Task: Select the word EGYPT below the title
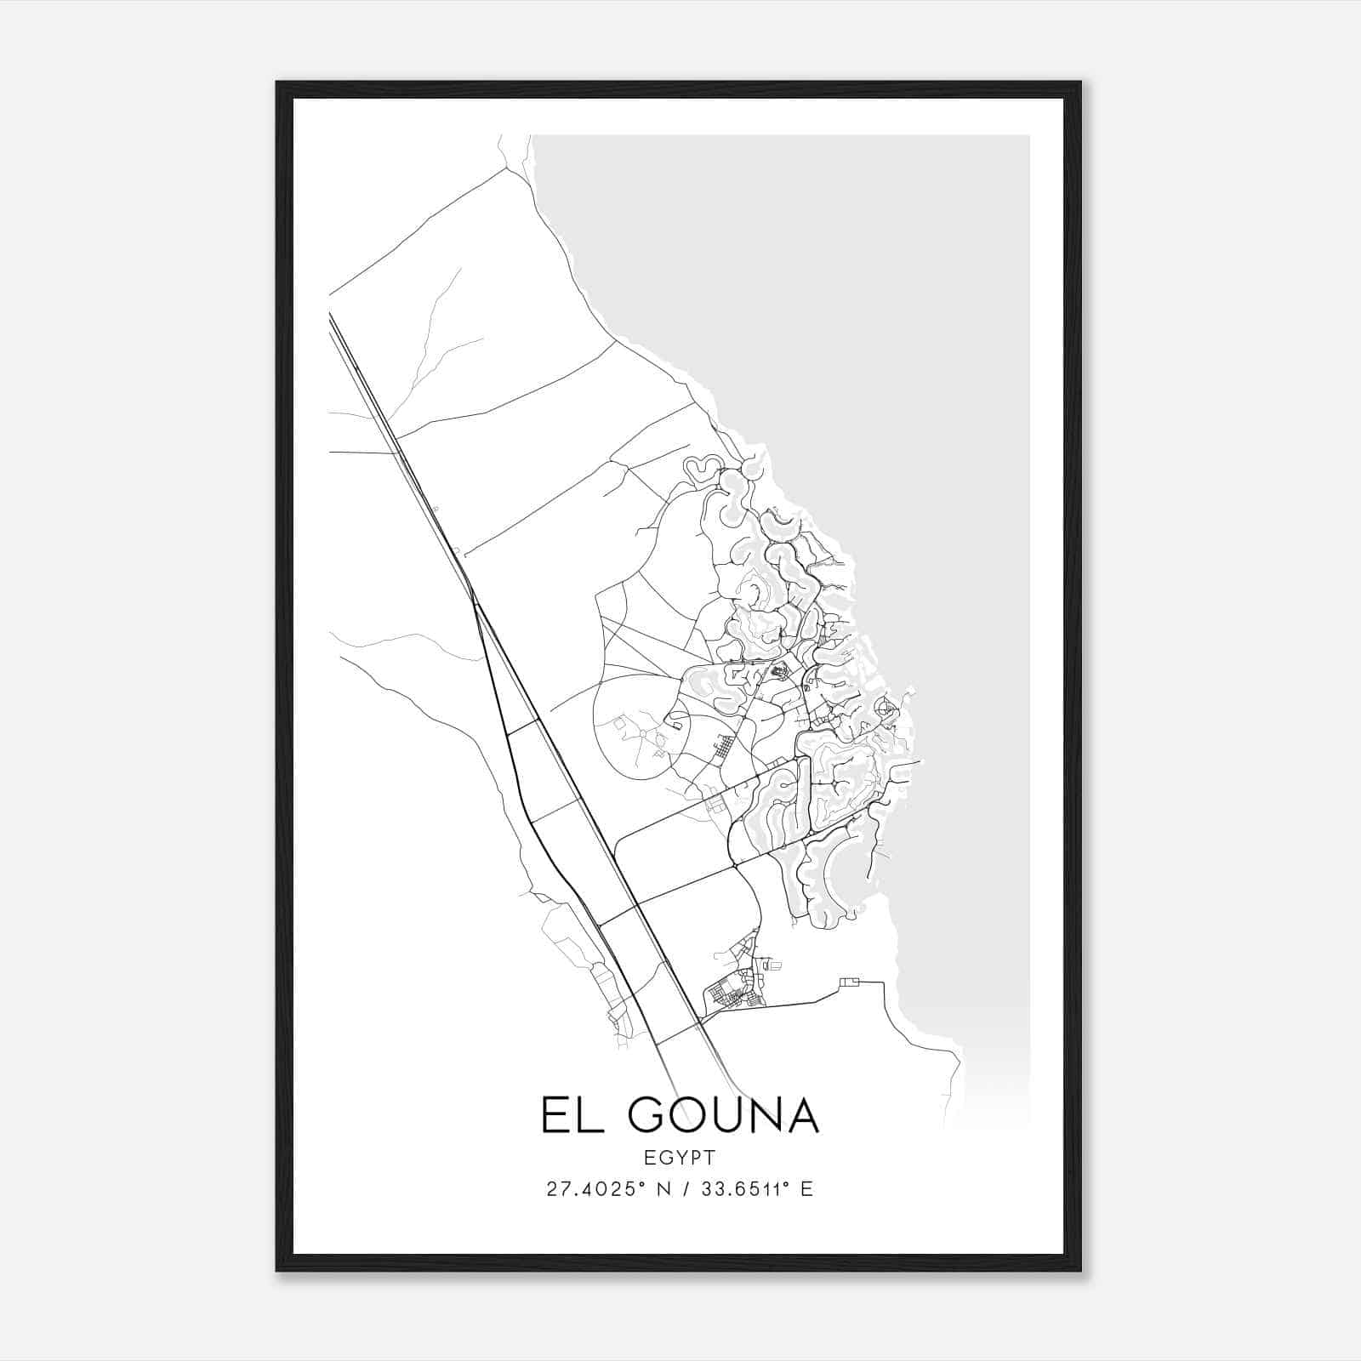(x=680, y=1157)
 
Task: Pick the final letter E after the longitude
(x=806, y=1189)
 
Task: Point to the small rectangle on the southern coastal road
(x=849, y=982)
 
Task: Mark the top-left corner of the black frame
(x=277, y=83)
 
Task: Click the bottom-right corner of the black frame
(x=1079, y=1270)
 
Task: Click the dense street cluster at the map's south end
(x=732, y=991)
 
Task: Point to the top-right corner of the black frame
(x=1079, y=83)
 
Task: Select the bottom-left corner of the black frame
(x=277, y=1270)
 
